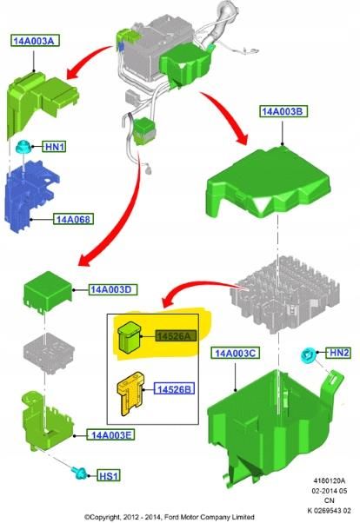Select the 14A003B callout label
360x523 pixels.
point(283,111)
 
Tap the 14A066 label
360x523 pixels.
point(73,219)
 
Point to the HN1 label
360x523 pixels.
point(54,147)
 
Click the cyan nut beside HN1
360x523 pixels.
point(23,147)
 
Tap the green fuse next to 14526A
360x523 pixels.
point(130,337)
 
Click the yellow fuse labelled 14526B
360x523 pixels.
point(131,394)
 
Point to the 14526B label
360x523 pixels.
point(174,389)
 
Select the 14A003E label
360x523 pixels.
point(111,435)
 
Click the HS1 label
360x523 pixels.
point(109,475)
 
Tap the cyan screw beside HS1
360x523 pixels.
point(80,473)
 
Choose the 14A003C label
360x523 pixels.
point(235,353)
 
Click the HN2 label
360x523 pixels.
point(338,353)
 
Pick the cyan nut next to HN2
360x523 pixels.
point(307,355)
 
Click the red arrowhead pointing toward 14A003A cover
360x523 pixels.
point(73,72)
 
